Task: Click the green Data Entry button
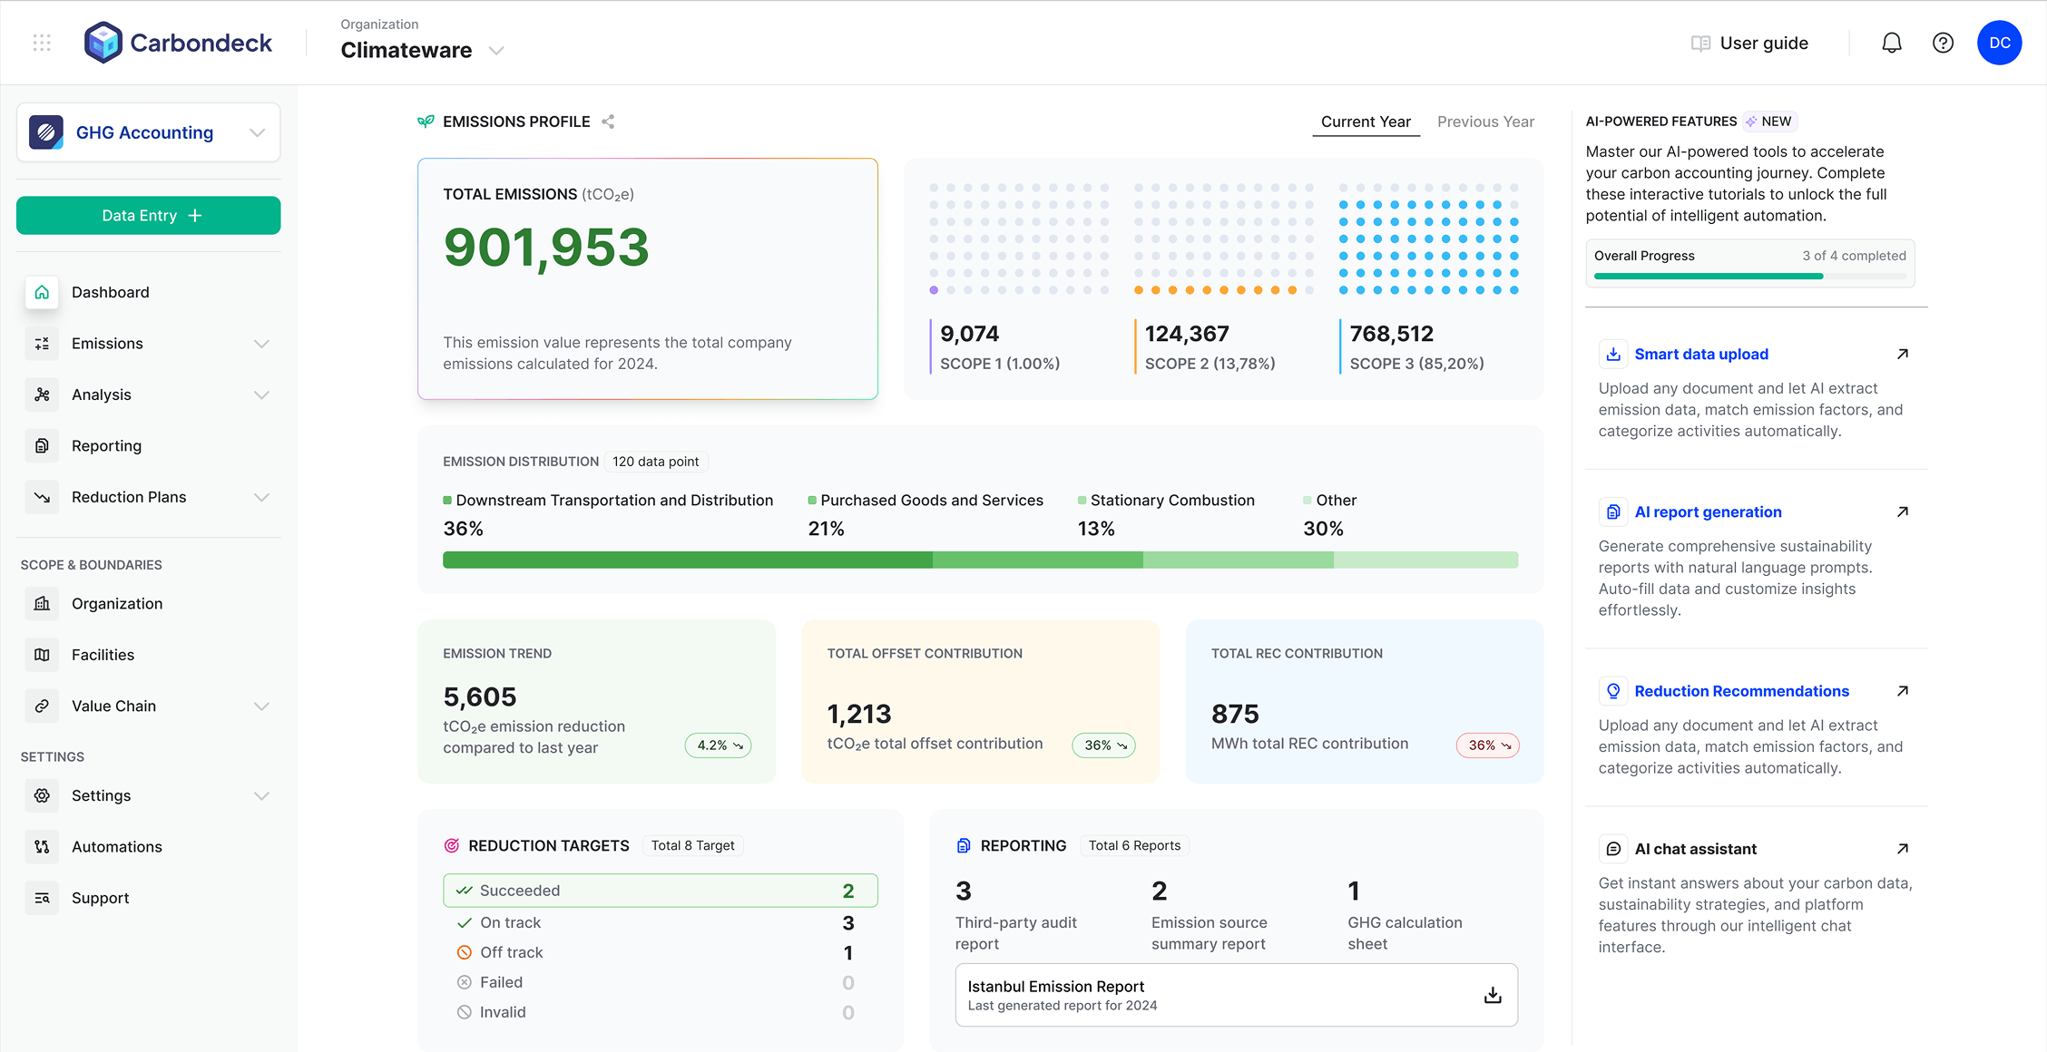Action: (x=148, y=216)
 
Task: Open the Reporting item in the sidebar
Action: (x=106, y=446)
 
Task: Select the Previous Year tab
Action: (x=1485, y=122)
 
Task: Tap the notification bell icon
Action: (x=1891, y=43)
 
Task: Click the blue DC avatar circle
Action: (x=1999, y=43)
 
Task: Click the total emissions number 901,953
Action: (x=546, y=248)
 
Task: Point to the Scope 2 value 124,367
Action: (x=1186, y=334)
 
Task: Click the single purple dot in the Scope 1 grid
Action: (x=934, y=290)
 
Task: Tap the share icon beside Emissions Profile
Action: (x=608, y=122)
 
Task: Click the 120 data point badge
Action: (x=655, y=462)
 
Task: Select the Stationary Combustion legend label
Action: (x=1171, y=501)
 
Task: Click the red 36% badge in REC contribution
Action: (x=1488, y=745)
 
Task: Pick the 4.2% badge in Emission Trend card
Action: (x=718, y=745)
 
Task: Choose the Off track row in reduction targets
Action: (x=512, y=952)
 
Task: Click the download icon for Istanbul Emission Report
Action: (x=1493, y=995)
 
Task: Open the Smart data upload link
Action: (x=1700, y=355)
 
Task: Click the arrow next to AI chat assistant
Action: (x=1903, y=849)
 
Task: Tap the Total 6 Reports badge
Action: (x=1134, y=845)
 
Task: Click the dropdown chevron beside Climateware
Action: (x=496, y=51)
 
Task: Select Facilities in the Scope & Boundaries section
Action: (x=103, y=655)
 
